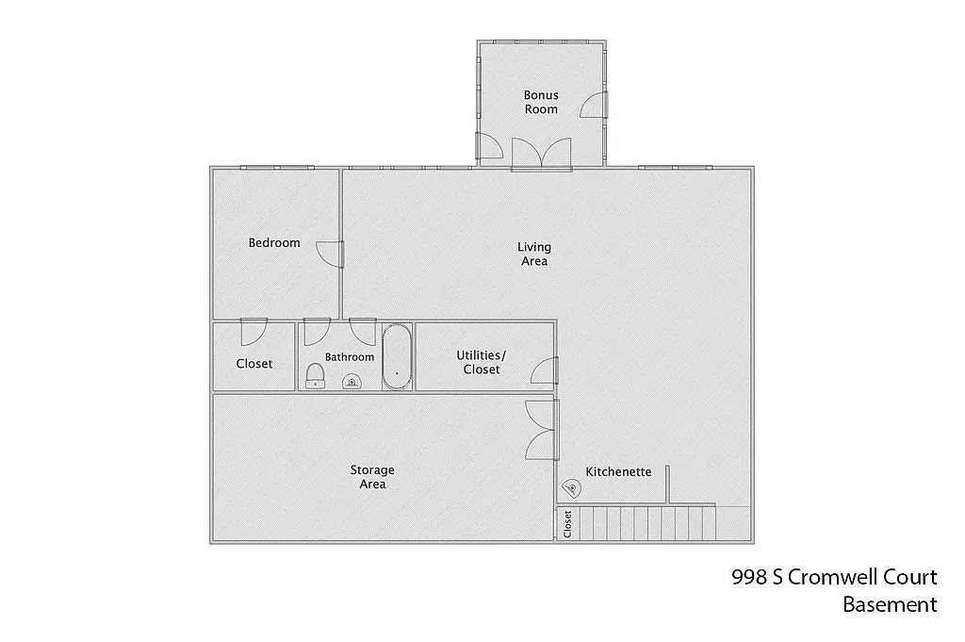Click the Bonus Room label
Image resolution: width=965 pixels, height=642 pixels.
point(541,102)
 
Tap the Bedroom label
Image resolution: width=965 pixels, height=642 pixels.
point(274,243)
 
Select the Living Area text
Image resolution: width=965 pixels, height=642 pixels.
point(534,255)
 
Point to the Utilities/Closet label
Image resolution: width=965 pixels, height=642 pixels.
point(482,362)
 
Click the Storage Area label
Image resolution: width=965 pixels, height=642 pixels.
point(372,477)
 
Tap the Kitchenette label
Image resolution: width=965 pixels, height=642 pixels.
point(618,471)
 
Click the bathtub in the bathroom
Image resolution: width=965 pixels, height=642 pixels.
point(397,356)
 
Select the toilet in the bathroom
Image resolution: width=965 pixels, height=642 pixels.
point(315,377)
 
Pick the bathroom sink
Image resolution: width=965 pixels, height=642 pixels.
point(351,381)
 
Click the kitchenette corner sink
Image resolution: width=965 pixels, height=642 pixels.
point(570,488)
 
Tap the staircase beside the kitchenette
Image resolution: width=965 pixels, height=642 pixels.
point(646,523)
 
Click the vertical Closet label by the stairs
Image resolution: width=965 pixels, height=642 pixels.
point(567,524)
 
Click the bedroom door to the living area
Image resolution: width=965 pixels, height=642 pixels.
point(330,254)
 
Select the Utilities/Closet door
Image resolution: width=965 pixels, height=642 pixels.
point(544,370)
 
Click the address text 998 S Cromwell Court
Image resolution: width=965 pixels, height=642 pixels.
point(834,578)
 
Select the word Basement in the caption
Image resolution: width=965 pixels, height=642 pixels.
point(890,604)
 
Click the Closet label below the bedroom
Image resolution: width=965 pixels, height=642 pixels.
point(254,364)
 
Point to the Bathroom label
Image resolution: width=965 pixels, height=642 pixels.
point(350,357)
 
